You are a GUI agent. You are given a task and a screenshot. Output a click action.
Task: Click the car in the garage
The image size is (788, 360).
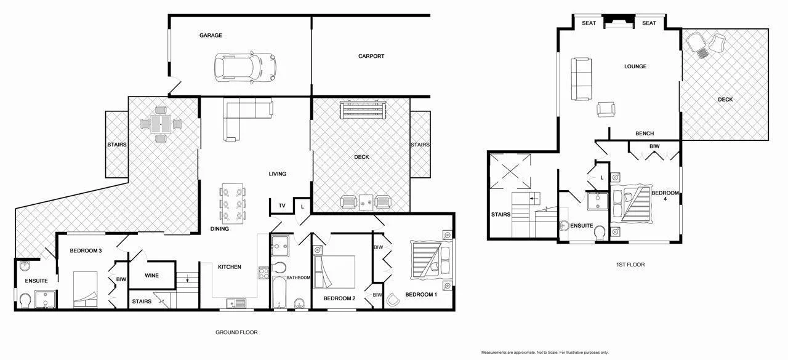tap(244, 66)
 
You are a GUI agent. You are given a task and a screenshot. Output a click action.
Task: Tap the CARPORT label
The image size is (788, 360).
tap(371, 56)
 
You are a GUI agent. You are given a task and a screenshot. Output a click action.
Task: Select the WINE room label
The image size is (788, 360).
tap(151, 276)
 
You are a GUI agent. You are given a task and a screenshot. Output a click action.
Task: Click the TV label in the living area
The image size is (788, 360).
tap(282, 206)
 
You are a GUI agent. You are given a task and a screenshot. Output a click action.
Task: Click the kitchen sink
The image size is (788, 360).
tap(236, 302)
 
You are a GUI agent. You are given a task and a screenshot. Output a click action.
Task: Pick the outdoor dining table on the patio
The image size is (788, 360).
tap(161, 124)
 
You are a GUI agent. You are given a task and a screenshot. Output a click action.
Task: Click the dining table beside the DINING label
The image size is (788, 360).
tap(233, 203)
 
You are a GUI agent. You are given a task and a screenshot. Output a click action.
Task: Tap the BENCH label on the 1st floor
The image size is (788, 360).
tap(645, 134)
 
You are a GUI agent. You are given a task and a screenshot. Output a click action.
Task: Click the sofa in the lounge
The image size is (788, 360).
tap(581, 78)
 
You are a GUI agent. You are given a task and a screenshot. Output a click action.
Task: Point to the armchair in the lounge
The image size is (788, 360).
tap(606, 109)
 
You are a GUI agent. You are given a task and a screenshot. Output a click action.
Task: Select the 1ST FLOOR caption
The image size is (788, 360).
tap(630, 265)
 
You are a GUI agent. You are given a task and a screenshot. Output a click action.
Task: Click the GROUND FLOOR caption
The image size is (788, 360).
tap(236, 332)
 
